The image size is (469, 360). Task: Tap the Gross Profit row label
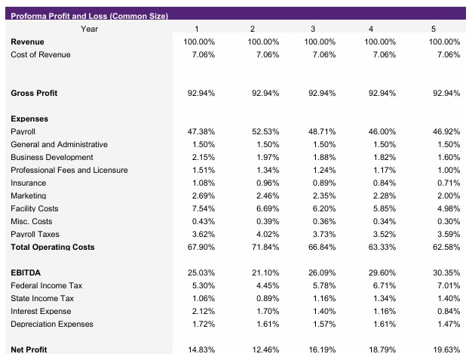pos(34,93)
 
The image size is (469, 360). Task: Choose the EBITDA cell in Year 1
pos(200,272)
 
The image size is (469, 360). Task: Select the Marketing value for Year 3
pos(323,195)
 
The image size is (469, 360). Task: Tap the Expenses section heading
pos(29,118)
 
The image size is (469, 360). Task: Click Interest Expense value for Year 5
pos(446,311)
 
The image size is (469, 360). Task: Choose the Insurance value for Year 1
pos(201,183)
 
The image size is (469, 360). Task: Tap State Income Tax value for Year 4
pos(383,298)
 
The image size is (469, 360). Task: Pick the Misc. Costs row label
pos(32,221)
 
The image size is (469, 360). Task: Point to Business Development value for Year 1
pos(201,157)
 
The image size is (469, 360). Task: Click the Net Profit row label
pos(29,350)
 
